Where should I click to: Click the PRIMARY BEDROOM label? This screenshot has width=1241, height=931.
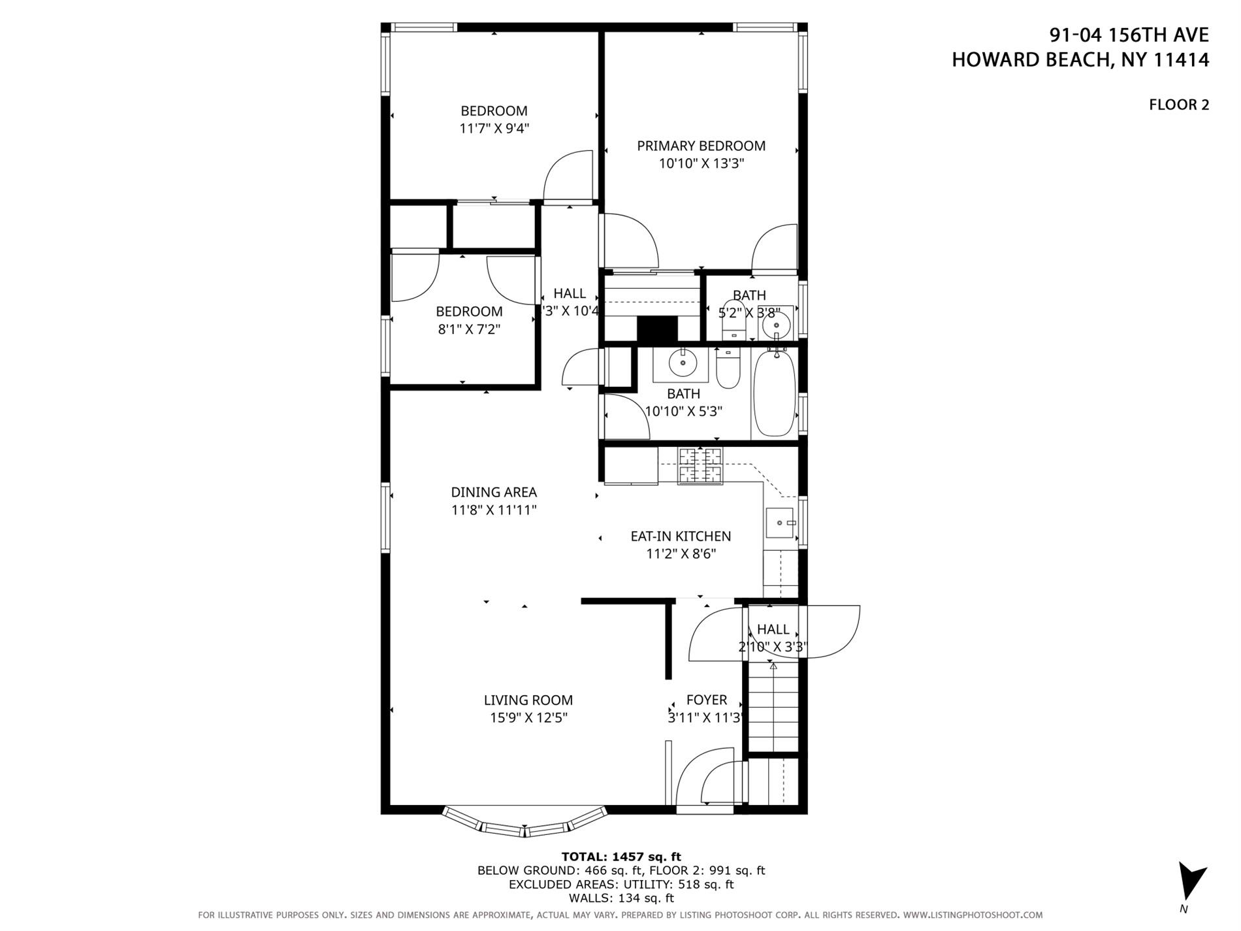point(701,146)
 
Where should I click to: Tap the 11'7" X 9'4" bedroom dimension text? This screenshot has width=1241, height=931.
point(494,129)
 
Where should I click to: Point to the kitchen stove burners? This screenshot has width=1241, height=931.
point(700,465)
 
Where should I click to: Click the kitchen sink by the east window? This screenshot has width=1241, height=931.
point(779,523)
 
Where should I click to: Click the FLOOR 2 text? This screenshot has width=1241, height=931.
point(1178,105)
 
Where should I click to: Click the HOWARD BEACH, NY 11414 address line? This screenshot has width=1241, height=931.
point(1080,60)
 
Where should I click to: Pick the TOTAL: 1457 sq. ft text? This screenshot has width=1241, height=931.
point(621,857)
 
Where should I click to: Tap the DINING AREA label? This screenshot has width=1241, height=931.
point(494,492)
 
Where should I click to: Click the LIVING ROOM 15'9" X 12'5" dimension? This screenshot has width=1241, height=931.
point(528,718)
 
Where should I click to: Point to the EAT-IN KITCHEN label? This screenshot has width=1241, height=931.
point(681,536)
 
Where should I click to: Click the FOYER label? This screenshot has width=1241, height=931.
point(706,700)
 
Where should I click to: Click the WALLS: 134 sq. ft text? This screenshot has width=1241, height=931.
point(621,898)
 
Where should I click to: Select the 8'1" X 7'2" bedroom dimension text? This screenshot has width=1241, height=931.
point(469,329)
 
